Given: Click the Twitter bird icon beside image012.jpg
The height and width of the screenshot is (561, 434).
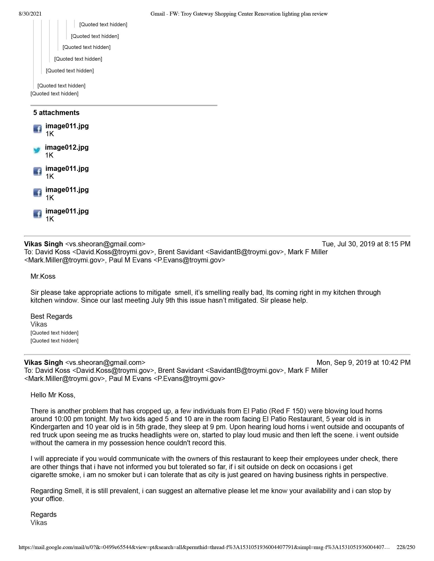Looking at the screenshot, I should coord(37,150).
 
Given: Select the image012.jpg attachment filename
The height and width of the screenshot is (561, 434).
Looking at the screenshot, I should coord(67,147).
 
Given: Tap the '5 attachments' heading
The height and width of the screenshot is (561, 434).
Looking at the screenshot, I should coord(56,113).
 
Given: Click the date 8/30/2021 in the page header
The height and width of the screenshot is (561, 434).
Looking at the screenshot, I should coord(30,14).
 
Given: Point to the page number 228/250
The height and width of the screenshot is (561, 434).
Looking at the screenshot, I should coord(405,547).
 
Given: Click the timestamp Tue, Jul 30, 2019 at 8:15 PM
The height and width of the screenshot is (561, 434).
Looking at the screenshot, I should coord(366,244).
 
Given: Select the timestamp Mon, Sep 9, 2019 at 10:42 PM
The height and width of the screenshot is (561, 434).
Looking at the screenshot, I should coord(363,362).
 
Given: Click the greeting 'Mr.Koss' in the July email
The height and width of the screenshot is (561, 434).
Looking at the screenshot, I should coord(43,276).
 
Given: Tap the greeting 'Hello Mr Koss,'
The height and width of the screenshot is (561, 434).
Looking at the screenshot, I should coord(53,395).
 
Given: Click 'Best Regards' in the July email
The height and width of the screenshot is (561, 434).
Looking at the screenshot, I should coord(51,316).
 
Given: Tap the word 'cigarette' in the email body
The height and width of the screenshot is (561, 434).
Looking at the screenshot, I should coord(43,475).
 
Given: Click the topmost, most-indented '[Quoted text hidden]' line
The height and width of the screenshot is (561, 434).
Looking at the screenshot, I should coord(103,25).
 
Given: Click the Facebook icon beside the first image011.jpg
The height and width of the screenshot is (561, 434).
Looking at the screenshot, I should coord(38,129).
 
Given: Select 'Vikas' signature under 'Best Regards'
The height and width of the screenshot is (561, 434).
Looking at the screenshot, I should coord(39,324).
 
